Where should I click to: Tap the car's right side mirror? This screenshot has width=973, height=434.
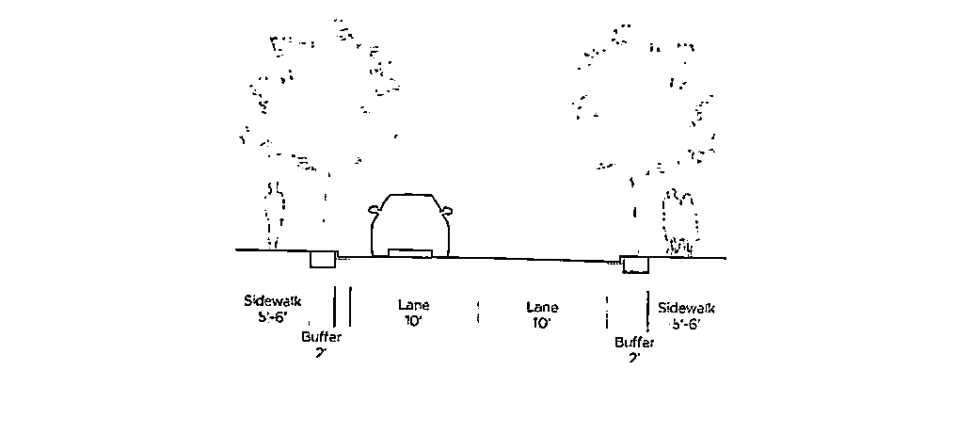(449, 209)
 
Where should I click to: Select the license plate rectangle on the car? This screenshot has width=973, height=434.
(410, 252)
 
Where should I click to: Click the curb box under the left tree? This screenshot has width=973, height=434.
(323, 259)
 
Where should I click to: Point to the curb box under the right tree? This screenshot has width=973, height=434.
(635, 264)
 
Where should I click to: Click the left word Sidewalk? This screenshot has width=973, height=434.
(271, 301)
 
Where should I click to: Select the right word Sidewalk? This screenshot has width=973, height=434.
(687, 308)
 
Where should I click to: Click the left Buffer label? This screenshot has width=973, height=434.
(321, 337)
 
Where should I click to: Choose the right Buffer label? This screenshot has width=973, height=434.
(634, 343)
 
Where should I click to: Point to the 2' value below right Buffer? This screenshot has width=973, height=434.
(633, 358)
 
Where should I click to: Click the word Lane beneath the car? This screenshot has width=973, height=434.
(414, 306)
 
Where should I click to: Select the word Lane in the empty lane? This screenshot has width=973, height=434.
(542, 308)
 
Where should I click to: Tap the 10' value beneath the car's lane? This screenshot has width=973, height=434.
(414, 322)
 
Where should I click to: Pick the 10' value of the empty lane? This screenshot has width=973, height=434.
(541, 323)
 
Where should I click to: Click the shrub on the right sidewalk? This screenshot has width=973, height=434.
(681, 223)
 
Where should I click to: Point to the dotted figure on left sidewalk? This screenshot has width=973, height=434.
(274, 215)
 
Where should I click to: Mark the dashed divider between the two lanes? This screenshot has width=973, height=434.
(478, 313)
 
